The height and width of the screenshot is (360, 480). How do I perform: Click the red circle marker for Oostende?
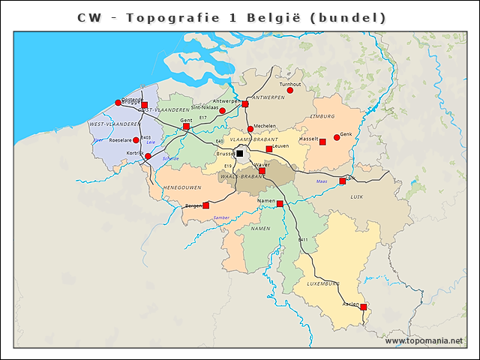[x=118, y=103]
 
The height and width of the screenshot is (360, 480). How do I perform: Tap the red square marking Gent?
[x=186, y=127]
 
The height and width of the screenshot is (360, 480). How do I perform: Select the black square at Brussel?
[x=239, y=153]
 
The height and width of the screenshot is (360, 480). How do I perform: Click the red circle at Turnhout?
[x=290, y=91]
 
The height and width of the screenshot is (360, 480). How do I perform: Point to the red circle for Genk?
[x=337, y=137]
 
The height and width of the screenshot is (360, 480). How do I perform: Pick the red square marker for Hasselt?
[x=322, y=142]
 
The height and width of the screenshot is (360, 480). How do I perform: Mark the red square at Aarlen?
[x=363, y=307]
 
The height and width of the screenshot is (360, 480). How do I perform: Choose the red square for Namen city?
[x=280, y=204]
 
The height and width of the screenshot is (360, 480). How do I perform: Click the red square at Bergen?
[x=205, y=205]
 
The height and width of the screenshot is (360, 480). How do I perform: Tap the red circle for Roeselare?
[x=136, y=139]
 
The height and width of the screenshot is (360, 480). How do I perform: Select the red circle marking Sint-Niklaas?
[x=222, y=111]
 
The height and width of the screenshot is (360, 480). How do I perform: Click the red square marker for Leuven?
[x=268, y=149]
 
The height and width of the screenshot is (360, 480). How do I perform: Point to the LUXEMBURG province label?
[x=323, y=283]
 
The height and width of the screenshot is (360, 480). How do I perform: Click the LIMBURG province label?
[x=322, y=117]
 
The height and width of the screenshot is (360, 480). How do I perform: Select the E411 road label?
[x=303, y=239]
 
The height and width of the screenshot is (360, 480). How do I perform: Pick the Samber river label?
[x=221, y=217]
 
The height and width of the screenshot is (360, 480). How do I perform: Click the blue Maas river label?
[x=322, y=181]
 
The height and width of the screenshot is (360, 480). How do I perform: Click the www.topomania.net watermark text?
[x=424, y=340]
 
